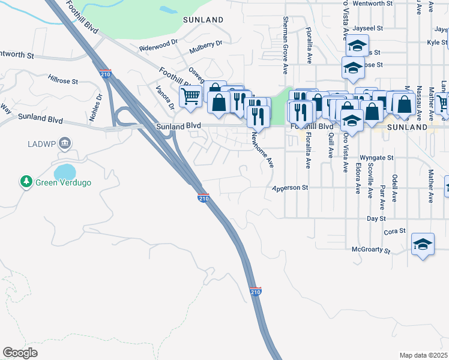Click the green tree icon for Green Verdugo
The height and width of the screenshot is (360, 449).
tap(26, 181)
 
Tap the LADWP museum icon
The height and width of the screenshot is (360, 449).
tap(65, 144)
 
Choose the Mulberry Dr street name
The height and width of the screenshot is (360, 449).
tap(205, 43)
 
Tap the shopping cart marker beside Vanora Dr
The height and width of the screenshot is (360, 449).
tap(190, 96)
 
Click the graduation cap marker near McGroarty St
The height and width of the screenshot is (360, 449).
tap(423, 244)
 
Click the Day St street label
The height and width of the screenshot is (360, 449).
tap(376, 219)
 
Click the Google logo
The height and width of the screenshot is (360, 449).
tap(20, 353)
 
